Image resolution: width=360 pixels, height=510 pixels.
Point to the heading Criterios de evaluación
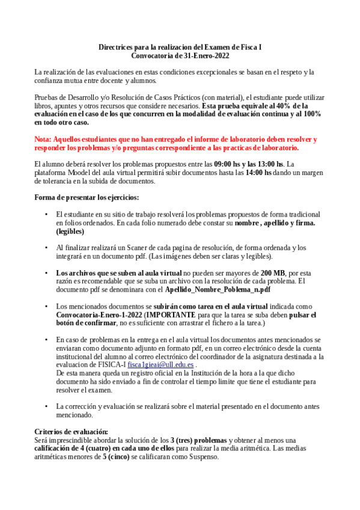[71, 431]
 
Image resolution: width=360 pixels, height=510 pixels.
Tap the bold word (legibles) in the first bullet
[70, 231]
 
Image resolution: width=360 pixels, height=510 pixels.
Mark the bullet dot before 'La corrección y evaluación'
[47, 406]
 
